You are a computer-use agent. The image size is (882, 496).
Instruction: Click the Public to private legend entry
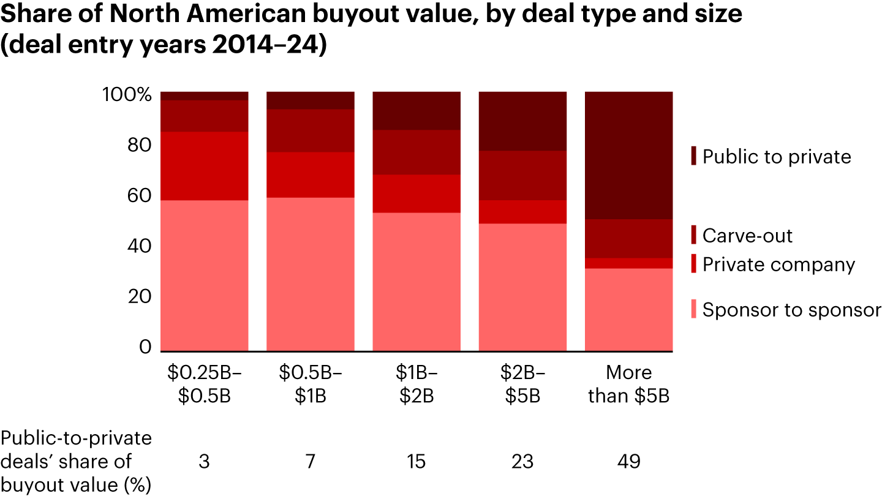click(777, 157)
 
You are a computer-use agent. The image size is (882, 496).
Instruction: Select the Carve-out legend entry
click(747, 236)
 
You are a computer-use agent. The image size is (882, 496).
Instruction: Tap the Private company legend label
click(778, 265)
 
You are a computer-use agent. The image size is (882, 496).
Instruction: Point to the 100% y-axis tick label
click(125, 96)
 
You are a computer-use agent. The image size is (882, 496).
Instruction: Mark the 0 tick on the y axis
click(145, 347)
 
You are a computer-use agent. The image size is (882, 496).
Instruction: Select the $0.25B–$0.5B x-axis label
click(204, 384)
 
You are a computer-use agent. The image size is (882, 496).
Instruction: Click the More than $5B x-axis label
click(629, 384)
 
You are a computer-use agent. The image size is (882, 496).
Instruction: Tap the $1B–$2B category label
click(417, 384)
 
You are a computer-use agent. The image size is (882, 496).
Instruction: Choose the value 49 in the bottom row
click(629, 461)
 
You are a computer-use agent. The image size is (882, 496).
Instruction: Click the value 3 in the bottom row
click(204, 461)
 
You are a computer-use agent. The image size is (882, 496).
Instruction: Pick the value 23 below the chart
click(522, 461)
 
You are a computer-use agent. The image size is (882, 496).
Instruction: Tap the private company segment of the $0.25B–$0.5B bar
click(204, 166)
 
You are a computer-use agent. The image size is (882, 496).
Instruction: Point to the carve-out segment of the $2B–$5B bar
click(522, 175)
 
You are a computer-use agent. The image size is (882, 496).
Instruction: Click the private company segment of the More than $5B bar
click(629, 263)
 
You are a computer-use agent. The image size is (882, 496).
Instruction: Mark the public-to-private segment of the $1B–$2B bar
click(417, 111)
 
